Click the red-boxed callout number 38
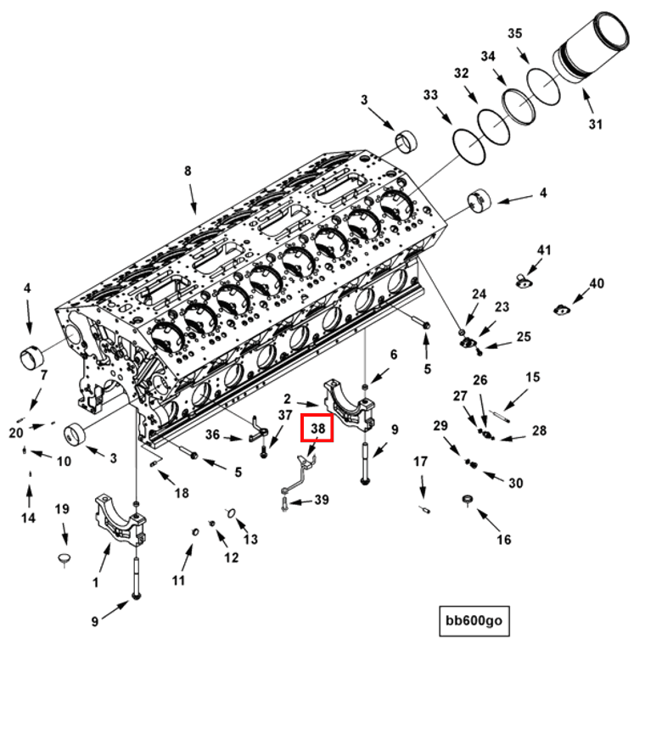(x=318, y=429)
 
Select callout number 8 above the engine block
(x=188, y=171)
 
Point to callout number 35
(x=514, y=34)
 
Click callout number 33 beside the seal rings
(x=430, y=94)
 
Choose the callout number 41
(x=544, y=250)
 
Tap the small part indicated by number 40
(x=561, y=309)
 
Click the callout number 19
(x=62, y=509)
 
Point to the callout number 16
(x=504, y=540)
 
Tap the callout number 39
(x=321, y=500)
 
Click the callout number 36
(x=212, y=434)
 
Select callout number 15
(x=533, y=377)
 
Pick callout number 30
(x=516, y=483)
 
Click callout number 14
(x=29, y=518)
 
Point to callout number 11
(x=178, y=580)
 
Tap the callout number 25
(x=524, y=337)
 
